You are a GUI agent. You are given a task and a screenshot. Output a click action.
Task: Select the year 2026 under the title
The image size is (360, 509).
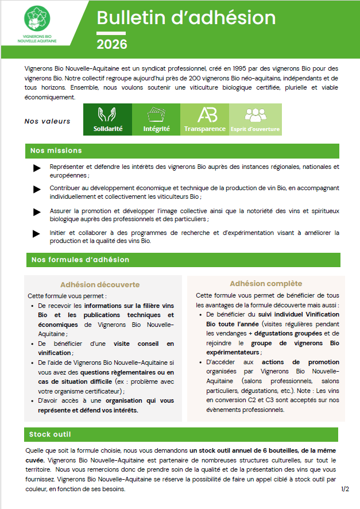pyautogui.click(x=112, y=44)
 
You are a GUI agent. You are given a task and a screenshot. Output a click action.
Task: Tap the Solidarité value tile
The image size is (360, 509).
pyautogui.click(x=108, y=119)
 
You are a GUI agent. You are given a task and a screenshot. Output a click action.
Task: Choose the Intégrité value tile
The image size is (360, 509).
pyautogui.click(x=156, y=119)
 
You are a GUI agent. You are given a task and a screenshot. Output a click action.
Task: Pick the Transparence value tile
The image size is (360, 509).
pyautogui.click(x=204, y=119)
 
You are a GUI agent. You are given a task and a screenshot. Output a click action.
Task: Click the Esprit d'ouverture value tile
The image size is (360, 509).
pyautogui.click(x=255, y=119)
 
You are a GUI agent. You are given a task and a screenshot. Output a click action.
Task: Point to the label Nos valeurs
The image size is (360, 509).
pyautogui.click(x=48, y=121)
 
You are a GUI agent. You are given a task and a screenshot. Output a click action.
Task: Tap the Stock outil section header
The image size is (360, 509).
pyautogui.click(x=51, y=434)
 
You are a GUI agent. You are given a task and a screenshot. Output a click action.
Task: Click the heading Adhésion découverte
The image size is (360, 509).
pyautogui.click(x=100, y=284)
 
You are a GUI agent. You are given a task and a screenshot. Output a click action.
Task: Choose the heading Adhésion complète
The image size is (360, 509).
pyautogui.click(x=266, y=284)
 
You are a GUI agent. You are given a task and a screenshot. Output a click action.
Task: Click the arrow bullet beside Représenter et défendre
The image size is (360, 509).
pyautogui.click(x=37, y=168)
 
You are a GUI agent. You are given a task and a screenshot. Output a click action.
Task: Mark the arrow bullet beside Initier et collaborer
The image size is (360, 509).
pyautogui.click(x=37, y=234)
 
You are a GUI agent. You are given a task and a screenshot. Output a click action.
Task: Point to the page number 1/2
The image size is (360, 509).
pyautogui.click(x=345, y=489)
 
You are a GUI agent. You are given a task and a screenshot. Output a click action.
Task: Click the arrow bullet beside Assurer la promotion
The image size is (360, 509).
pyautogui.click(x=37, y=212)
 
